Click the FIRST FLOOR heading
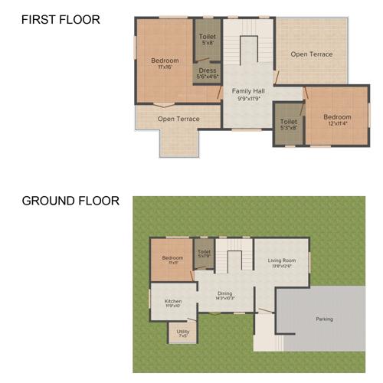(x=61, y=20)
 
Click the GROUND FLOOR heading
(x=70, y=201)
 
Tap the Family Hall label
(x=248, y=91)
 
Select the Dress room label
(x=207, y=70)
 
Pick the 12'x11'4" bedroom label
(x=338, y=119)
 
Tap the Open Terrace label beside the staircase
(x=311, y=54)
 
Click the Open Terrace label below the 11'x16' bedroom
(x=178, y=119)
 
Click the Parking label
(x=324, y=319)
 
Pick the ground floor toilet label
(x=205, y=254)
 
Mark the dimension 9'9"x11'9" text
(x=248, y=98)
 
